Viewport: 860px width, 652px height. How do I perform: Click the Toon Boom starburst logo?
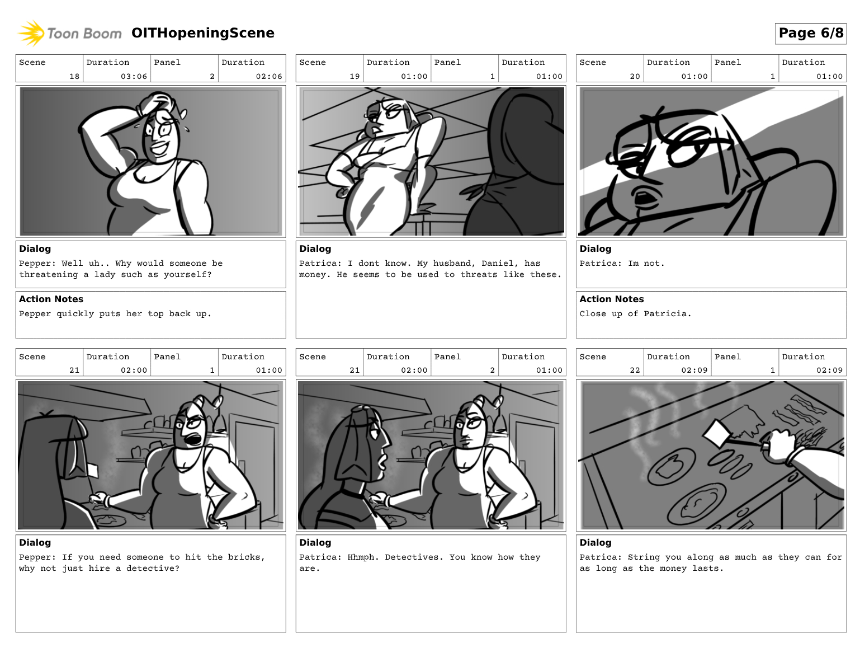pos(31,33)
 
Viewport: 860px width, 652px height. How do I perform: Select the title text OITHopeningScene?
pos(202,33)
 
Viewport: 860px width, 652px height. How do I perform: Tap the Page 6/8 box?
pos(810,34)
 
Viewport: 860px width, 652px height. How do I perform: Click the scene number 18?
pos(74,76)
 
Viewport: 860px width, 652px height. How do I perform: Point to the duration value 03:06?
pos(134,76)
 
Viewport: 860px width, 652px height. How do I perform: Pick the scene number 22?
pos(635,370)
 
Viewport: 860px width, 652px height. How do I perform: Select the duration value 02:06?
pos(269,76)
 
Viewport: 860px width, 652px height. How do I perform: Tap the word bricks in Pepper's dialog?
pos(248,557)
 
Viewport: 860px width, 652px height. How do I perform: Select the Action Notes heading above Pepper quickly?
pos(51,299)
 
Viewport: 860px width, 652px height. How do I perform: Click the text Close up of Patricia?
pos(636,313)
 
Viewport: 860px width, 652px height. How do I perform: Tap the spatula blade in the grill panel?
pos(717,434)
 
